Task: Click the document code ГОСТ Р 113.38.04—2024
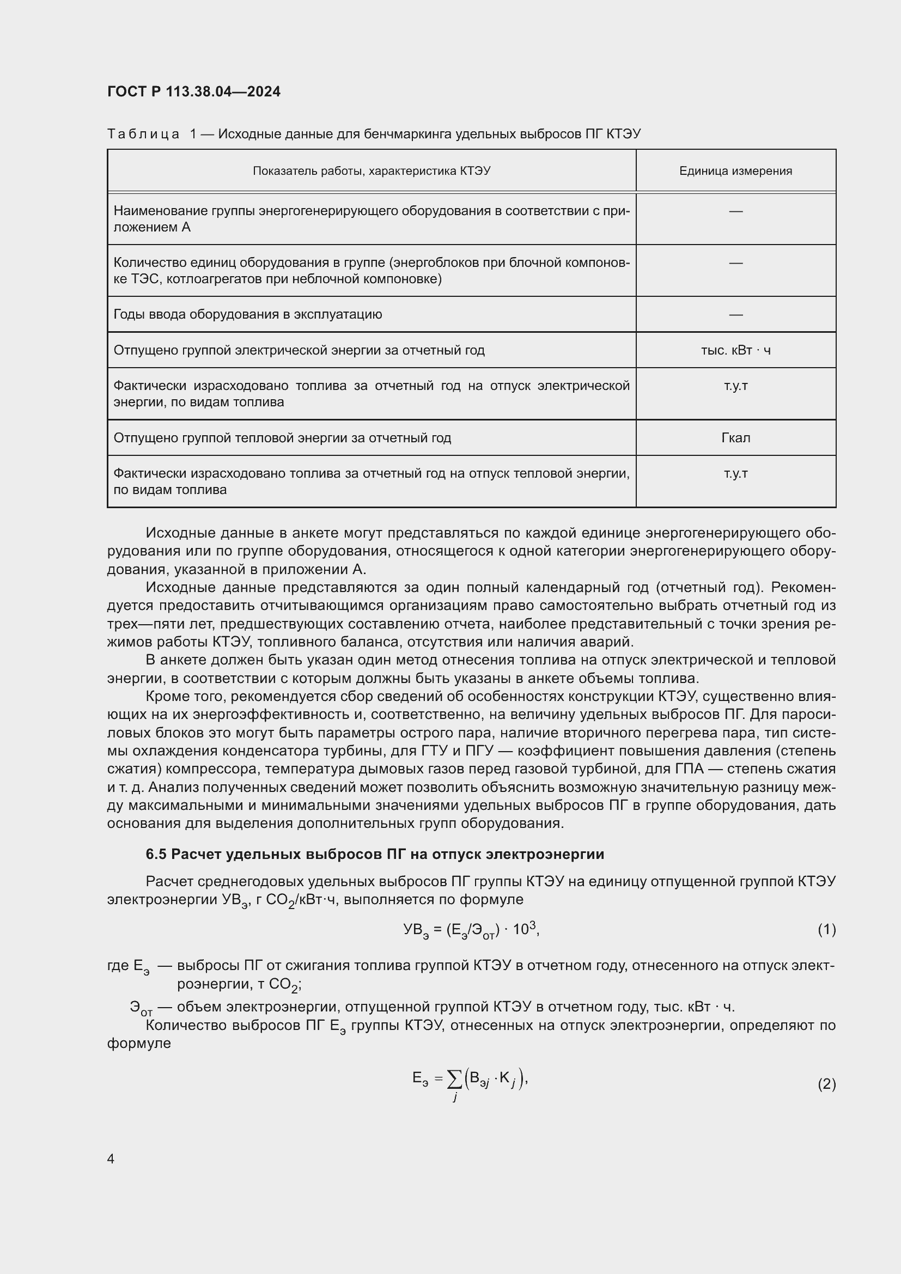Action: [x=193, y=92]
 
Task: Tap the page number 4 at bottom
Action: [x=111, y=1159]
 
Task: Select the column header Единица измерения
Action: [x=735, y=171]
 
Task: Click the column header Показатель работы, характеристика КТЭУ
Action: [x=371, y=171]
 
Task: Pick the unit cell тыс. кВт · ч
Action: [x=735, y=350]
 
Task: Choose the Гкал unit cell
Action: [x=735, y=438]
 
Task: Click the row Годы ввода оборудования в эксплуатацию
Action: [x=247, y=315]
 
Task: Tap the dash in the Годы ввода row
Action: [x=735, y=315]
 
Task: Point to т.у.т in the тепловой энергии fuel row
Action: [x=735, y=473]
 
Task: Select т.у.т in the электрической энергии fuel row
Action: [x=735, y=386]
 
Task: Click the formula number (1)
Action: [x=826, y=929]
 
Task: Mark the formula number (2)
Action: [x=826, y=1084]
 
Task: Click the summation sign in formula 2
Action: [x=454, y=1079]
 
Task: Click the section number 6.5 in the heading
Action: [x=156, y=854]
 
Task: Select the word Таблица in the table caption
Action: [x=143, y=134]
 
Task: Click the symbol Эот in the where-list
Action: [x=141, y=1008]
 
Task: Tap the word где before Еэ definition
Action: [x=118, y=966]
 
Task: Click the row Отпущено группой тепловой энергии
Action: [x=282, y=438]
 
